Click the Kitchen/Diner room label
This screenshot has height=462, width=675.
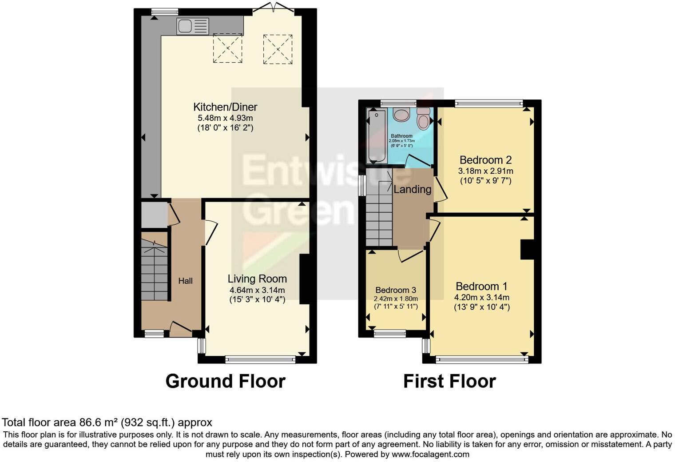[225, 107]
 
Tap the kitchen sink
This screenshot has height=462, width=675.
[193, 26]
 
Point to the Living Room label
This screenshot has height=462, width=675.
[257, 279]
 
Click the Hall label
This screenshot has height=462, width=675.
[186, 281]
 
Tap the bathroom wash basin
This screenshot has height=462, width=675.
[403, 114]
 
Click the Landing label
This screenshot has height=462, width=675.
[413, 190]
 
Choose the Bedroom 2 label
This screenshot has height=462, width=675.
[485, 160]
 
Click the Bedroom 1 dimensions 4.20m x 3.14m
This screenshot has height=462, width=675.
[482, 298]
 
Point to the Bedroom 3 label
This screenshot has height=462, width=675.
[396, 290]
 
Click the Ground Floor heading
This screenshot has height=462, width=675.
[225, 381]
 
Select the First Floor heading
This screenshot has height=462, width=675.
[449, 381]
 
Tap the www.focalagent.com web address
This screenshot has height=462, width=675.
[430, 454]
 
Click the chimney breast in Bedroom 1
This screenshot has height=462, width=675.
[527, 249]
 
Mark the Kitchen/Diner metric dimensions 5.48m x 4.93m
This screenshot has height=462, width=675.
[225, 118]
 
